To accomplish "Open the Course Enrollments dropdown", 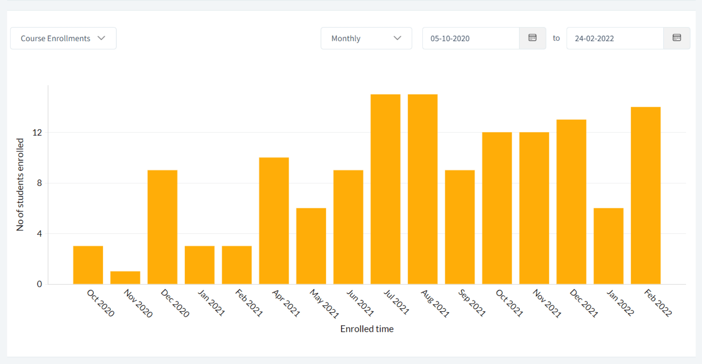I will click(63, 38).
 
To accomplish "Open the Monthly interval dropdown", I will click(366, 38).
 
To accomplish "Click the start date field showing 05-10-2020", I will click(471, 38).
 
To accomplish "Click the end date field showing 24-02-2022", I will click(615, 38).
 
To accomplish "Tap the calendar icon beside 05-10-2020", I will click(532, 38).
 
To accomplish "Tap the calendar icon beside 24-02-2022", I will click(677, 38).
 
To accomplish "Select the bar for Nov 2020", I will click(125, 278).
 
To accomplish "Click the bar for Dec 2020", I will click(162, 227).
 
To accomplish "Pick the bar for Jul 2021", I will click(385, 189).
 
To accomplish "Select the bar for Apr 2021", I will click(274, 221).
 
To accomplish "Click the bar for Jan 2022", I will click(608, 246).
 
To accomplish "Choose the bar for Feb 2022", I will click(646, 195).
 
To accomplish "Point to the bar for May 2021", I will click(311, 246).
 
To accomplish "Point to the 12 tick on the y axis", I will click(37, 133).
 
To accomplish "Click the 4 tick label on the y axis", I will click(39, 234).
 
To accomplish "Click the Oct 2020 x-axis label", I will click(101, 303).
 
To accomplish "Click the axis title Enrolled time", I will click(367, 329).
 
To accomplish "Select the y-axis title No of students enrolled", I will click(20, 184).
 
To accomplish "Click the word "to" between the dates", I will click(556, 38).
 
